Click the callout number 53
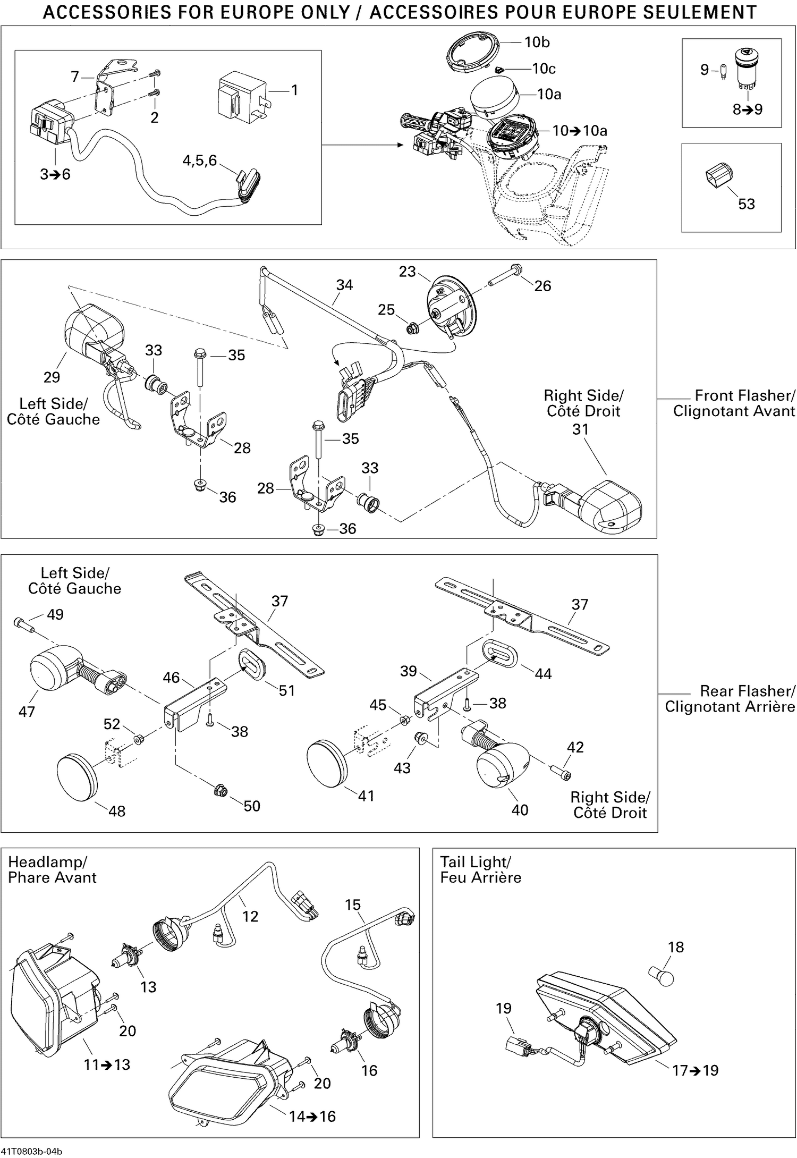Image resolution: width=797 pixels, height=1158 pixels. coord(746,204)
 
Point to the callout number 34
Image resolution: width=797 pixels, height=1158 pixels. coord(344,285)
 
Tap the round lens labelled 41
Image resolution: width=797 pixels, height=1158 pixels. coord(327,763)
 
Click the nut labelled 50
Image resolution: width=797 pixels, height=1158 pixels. coord(220,791)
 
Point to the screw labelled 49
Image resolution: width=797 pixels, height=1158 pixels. coord(23,624)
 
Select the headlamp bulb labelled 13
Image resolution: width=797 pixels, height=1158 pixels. coord(126,958)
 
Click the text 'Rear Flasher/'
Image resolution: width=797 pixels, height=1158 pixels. coord(747,691)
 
